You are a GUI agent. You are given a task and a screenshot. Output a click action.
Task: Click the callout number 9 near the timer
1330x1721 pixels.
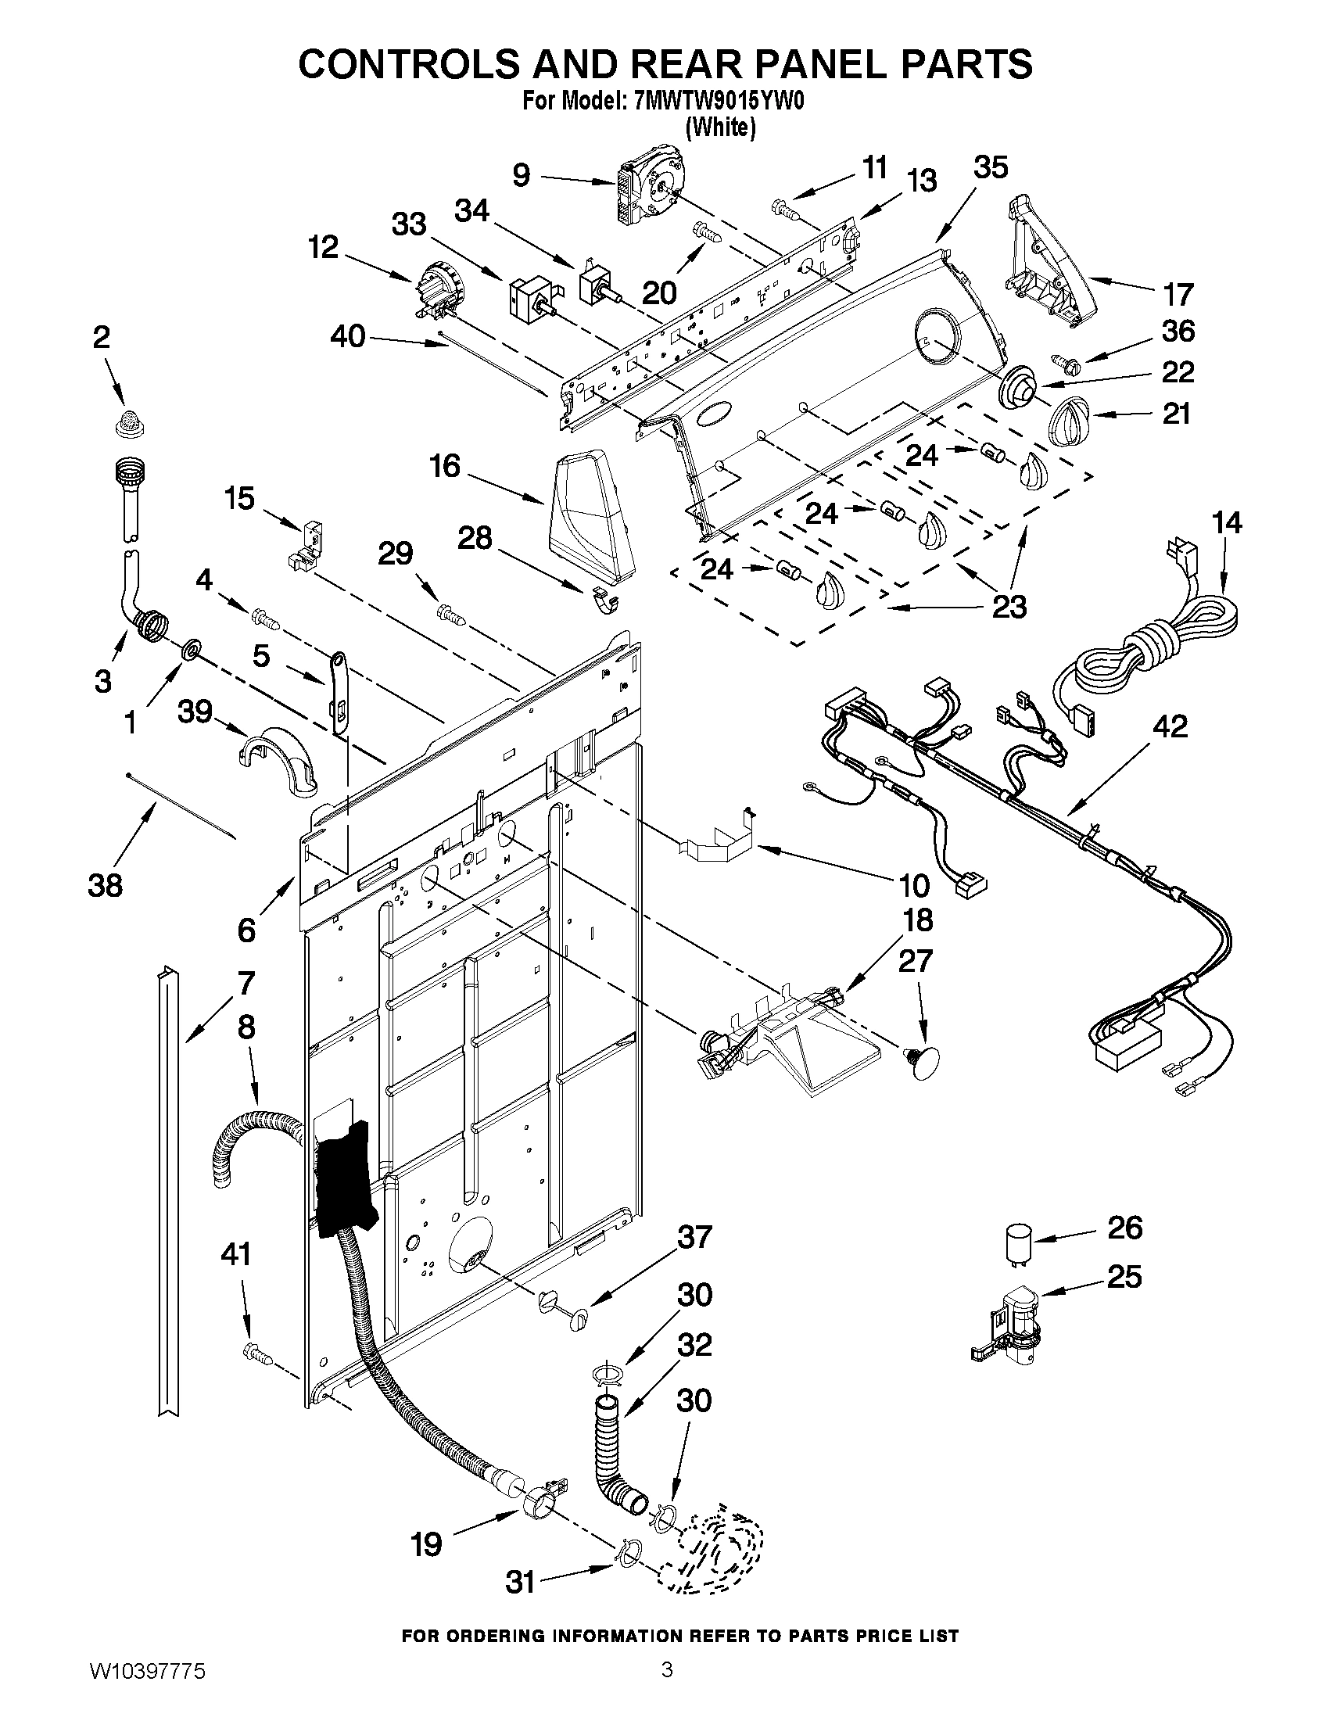click(522, 175)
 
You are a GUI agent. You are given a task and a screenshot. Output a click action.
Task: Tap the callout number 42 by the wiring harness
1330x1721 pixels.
click(1169, 726)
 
